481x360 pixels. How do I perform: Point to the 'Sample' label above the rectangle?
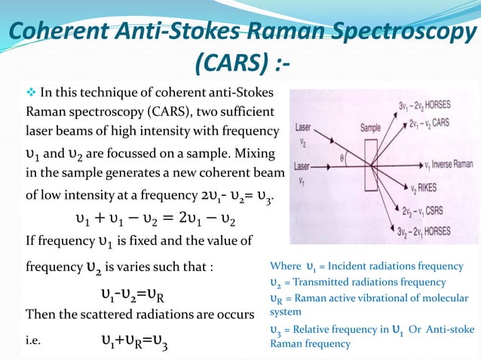point(370,127)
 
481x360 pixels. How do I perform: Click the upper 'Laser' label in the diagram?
point(305,128)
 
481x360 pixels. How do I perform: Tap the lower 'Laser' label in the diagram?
point(303,166)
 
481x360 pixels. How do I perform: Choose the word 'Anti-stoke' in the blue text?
point(444,329)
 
